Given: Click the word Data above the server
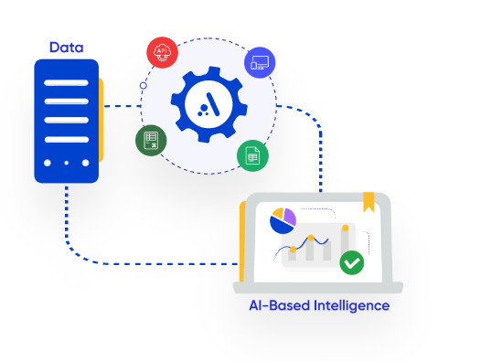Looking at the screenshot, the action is tap(66, 48).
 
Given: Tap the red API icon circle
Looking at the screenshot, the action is tap(162, 52).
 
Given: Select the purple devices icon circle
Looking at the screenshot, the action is tap(260, 62).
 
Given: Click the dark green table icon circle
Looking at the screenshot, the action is tap(151, 141).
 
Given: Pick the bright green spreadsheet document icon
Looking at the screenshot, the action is tap(252, 155).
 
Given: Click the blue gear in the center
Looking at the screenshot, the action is tap(209, 104).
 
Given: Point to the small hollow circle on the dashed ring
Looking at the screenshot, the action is tap(144, 86).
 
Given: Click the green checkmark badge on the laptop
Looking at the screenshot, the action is tap(352, 262).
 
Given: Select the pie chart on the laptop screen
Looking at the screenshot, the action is tap(283, 221).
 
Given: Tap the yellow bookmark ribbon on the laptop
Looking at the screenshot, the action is tap(369, 202).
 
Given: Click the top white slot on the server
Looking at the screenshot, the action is tap(66, 83).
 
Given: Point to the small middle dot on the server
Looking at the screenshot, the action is tap(66, 163).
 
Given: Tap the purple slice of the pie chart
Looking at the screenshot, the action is tap(290, 217).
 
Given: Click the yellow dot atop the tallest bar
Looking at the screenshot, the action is tap(346, 228).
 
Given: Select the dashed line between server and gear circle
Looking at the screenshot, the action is tap(123, 106).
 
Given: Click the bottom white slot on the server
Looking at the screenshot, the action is tap(66, 140).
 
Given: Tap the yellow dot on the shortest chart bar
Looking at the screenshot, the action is tap(293, 250).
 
